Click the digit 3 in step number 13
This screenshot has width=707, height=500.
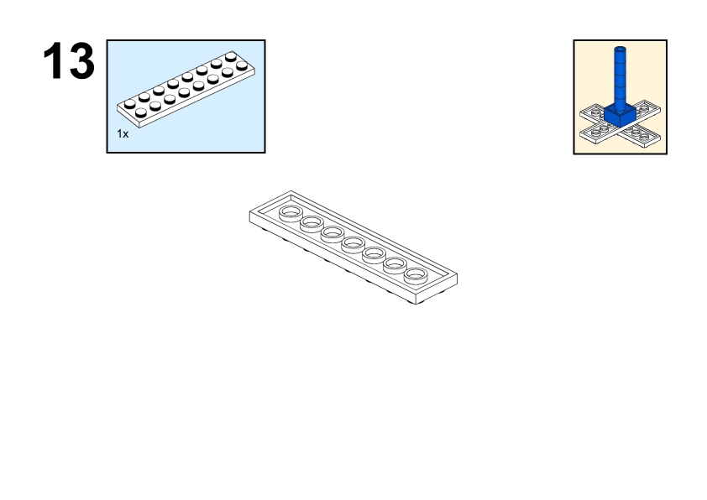pyautogui.click(x=81, y=60)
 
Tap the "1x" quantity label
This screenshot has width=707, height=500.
pyautogui.click(x=123, y=133)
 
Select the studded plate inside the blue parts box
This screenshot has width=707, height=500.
pyautogui.click(x=186, y=89)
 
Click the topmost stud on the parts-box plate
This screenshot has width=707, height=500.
pyautogui.click(x=231, y=56)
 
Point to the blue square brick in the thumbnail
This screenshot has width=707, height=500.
pyautogui.click(x=620, y=115)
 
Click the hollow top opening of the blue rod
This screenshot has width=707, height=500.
pyautogui.click(x=620, y=48)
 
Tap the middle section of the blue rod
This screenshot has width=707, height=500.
pyautogui.click(x=620, y=79)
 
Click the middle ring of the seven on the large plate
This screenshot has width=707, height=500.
pyautogui.click(x=353, y=244)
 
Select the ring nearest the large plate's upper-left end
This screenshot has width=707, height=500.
pyautogui.click(x=291, y=212)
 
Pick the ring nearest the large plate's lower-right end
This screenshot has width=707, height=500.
pyautogui.click(x=416, y=275)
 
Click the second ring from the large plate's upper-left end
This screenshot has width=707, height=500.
pyautogui.click(x=312, y=223)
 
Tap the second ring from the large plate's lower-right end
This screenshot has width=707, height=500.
pyautogui.click(x=395, y=265)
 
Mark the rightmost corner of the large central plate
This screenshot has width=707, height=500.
pyautogui.click(x=458, y=273)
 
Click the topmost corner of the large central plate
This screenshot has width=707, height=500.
pyautogui.click(x=291, y=191)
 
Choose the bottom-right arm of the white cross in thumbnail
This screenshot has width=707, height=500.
pyautogui.click(x=642, y=133)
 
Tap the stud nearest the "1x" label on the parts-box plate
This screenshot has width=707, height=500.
pyautogui.click(x=141, y=112)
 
